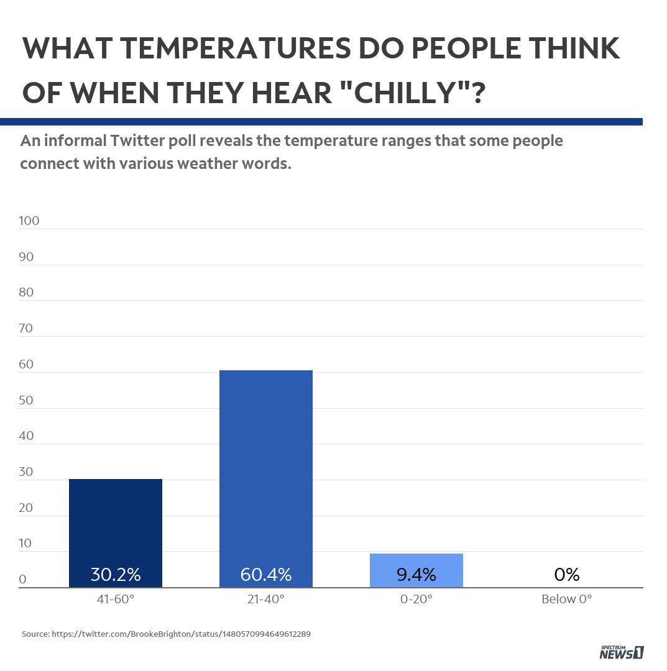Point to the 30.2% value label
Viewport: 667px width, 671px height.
tap(116, 575)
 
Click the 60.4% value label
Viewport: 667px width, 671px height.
tap(266, 575)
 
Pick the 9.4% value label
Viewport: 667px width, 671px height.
tap(416, 575)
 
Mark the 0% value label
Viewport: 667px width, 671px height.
tap(566, 575)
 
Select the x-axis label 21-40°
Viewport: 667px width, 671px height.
tap(265, 600)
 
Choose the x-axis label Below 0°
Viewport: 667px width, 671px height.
tap(566, 600)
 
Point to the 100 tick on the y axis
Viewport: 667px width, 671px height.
tap(29, 221)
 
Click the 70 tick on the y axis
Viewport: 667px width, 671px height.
tap(26, 328)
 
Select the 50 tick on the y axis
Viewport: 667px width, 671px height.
tap(26, 400)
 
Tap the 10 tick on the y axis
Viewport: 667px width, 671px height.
tap(25, 544)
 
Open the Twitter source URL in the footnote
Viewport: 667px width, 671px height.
tap(181, 634)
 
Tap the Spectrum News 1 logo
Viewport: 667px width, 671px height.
tap(621, 652)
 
